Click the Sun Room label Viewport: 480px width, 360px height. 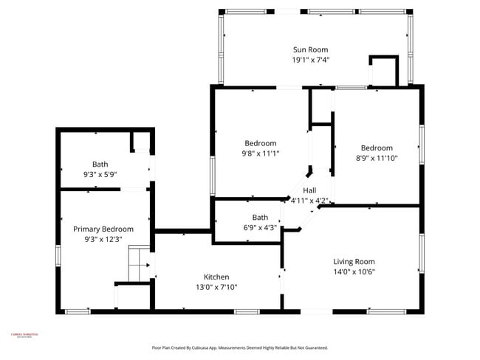311,49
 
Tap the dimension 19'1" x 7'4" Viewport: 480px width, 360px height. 311,60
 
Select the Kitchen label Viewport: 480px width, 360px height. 216,277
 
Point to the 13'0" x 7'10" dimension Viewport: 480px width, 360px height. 216,287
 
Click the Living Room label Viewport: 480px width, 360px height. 354,261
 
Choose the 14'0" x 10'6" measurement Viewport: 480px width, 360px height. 354,271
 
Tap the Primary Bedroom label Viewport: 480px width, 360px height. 103,229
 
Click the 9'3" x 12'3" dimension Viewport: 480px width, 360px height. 103,240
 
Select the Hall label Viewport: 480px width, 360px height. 309,190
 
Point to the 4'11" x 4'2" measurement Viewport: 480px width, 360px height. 309,200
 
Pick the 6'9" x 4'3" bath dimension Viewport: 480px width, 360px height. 260,228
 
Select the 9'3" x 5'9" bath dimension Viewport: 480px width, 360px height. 100,175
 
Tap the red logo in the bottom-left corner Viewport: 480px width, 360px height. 23,336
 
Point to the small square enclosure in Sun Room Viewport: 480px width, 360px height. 383,71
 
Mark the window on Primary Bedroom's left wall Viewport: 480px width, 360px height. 58,255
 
